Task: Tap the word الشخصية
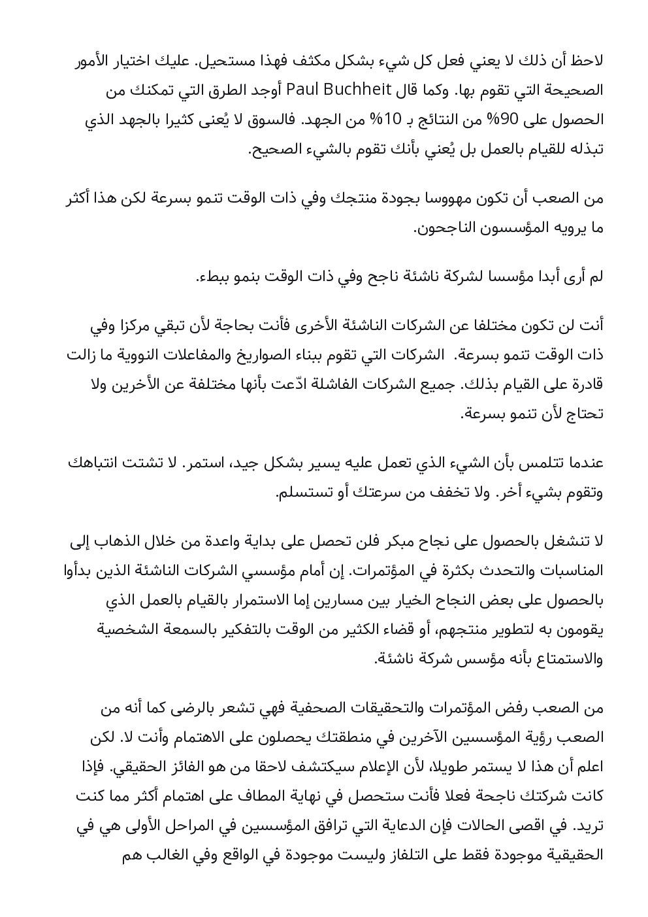click(x=129, y=629)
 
